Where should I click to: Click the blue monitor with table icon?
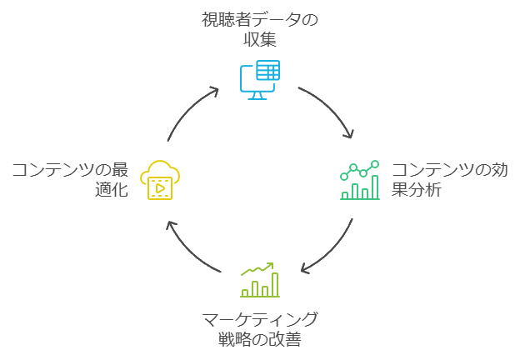(x=259, y=80)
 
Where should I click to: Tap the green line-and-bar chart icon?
(x=359, y=180)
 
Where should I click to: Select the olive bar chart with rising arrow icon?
(x=259, y=280)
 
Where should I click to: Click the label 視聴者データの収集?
(x=260, y=29)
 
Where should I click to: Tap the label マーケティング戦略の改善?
(x=260, y=329)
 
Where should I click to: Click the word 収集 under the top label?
(x=260, y=39)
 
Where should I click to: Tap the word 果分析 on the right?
(x=417, y=190)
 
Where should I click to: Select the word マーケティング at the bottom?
(x=260, y=319)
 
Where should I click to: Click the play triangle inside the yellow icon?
(x=159, y=187)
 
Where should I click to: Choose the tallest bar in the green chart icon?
(x=375, y=187)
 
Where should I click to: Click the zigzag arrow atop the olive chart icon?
(x=257, y=269)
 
